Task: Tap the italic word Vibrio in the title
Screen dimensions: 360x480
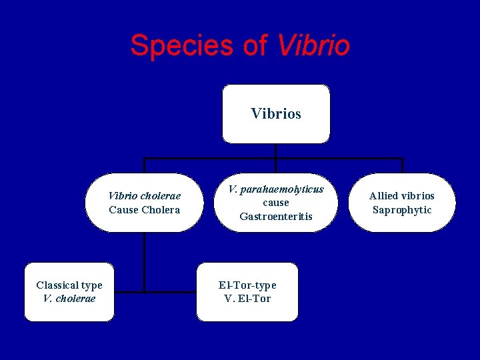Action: tap(313, 45)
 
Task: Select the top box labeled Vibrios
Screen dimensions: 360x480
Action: tap(275, 114)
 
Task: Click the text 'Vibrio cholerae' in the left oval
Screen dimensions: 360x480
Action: tap(145, 196)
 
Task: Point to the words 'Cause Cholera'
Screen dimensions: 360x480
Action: tap(145, 210)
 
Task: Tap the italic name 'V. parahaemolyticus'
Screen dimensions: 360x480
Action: tap(276, 189)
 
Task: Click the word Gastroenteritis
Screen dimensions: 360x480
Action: tap(276, 217)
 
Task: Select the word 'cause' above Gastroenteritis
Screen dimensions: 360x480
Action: tap(276, 203)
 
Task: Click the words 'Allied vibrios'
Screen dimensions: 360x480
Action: tap(401, 196)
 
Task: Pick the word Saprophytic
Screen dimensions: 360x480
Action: tap(401, 210)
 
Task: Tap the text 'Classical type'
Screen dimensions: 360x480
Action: tap(69, 285)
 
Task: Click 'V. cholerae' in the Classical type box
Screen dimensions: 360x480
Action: tap(69, 299)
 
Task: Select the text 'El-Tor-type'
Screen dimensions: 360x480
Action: tap(247, 285)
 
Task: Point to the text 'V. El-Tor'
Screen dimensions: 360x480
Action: tap(247, 299)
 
